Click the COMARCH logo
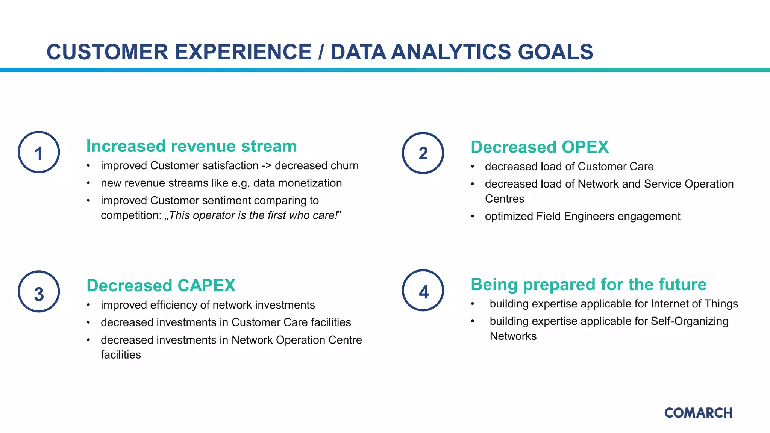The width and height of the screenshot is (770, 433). coord(698,413)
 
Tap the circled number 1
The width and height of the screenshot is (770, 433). coord(39,152)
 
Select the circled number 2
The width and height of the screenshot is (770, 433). coord(423,153)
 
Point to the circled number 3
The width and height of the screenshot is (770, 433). coord(39,292)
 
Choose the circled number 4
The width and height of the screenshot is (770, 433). coord(423,291)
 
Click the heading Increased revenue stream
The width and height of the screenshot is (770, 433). coord(191,146)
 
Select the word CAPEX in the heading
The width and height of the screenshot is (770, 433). coord(206,286)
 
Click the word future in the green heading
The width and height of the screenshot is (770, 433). coord(681,285)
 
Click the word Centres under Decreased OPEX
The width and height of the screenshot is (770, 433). coord(504,199)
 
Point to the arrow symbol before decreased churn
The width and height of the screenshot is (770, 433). coord(266,166)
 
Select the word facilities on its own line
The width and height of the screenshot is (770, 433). coord(121,355)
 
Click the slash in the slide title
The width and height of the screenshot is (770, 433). coord(321,52)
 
